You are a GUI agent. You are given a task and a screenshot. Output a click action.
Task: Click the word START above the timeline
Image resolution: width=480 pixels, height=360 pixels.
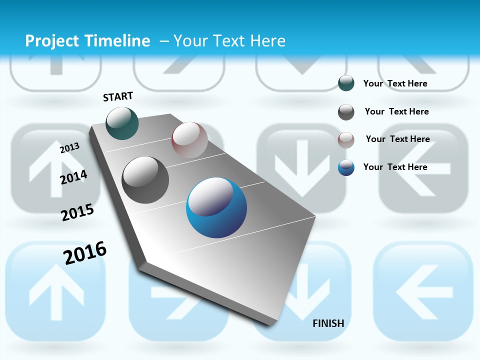pos(118,96)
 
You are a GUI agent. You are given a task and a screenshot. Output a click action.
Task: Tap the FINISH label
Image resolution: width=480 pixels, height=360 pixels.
pos(328,323)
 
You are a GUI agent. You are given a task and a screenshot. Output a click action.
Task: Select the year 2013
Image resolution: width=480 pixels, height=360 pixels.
pos(70,148)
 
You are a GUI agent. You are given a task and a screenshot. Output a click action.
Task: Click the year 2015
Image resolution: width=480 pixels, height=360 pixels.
pos(77,212)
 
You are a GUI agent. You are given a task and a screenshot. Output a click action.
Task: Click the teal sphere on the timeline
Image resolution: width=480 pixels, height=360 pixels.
pos(122,123)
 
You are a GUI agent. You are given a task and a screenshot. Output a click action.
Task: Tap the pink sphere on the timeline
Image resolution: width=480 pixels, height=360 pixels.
pos(189,140)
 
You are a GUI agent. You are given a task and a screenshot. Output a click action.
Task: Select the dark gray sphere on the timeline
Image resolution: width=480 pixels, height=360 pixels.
pos(145,180)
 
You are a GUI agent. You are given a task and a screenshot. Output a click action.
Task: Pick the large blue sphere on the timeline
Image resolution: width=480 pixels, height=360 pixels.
pos(216,207)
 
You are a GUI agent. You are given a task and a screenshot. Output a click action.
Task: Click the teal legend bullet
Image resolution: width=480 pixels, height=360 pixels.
pos(346,83)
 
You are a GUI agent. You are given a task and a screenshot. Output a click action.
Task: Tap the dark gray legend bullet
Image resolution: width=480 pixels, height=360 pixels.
pos(346,112)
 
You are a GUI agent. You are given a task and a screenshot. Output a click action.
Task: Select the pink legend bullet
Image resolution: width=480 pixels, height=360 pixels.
pos(346,139)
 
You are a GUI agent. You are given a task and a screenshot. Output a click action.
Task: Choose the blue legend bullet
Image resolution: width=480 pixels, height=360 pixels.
pos(346,167)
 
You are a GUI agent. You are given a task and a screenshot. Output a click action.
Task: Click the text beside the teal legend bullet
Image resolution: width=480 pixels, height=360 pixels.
pos(395,83)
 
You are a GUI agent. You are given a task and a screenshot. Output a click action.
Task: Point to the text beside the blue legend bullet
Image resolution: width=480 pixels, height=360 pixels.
pos(395,167)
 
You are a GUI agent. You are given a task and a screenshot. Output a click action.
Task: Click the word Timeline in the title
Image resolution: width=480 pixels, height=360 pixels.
pos(118,41)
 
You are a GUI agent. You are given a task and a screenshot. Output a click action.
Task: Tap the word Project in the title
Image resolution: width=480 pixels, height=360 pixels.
pos(52,41)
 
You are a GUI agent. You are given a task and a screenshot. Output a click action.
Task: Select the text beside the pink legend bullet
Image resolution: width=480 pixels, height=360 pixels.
pos(397,139)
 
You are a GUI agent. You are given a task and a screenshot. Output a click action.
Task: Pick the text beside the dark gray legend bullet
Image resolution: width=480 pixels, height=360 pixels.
pos(396,111)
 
